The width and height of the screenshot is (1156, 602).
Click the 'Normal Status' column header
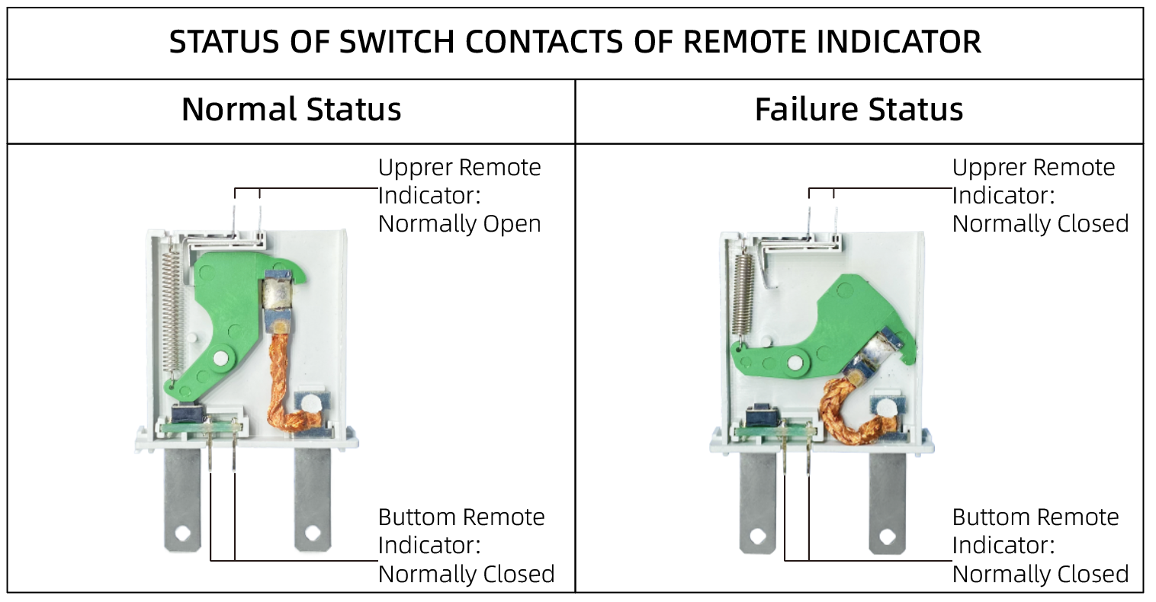pyautogui.click(x=291, y=110)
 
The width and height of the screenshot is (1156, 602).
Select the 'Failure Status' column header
pyautogui.click(x=859, y=110)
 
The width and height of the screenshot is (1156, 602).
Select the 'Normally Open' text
pyautogui.click(x=460, y=224)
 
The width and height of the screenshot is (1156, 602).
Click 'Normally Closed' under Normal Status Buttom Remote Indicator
pyautogui.click(x=466, y=574)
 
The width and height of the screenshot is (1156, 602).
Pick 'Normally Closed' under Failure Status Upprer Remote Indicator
pyautogui.click(x=1040, y=224)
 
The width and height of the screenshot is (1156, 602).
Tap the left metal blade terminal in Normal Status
pyautogui.click(x=184, y=499)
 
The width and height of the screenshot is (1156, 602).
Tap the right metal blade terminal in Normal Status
pyautogui.click(x=312, y=499)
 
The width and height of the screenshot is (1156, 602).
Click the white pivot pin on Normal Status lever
pyautogui.click(x=221, y=357)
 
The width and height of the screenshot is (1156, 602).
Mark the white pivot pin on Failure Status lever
pyautogui.click(x=796, y=363)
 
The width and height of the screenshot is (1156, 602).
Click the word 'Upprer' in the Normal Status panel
pyautogui.click(x=415, y=168)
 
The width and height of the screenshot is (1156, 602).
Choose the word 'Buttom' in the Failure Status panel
pyautogui.click(x=989, y=517)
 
